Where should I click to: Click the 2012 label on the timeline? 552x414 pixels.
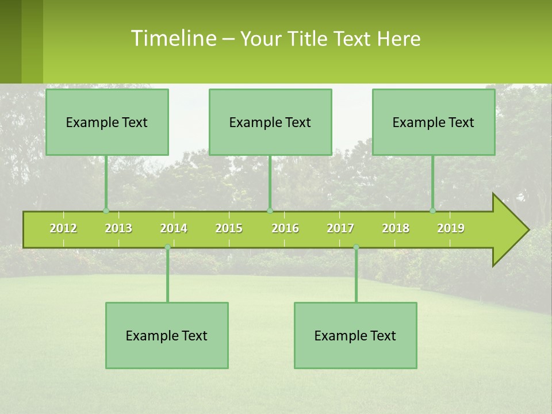click(x=63, y=228)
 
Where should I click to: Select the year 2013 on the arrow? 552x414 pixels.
click(x=118, y=228)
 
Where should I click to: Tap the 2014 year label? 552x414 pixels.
click(x=174, y=228)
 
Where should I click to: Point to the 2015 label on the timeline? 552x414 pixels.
click(x=229, y=228)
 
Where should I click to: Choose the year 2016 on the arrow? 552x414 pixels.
click(x=285, y=228)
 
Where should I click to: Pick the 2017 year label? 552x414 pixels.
click(x=340, y=228)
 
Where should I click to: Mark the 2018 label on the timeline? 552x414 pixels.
click(x=396, y=228)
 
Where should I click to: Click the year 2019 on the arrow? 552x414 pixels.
click(x=451, y=228)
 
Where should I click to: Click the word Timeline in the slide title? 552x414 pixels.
click(x=172, y=39)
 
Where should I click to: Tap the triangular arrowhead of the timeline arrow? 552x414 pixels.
click(x=509, y=230)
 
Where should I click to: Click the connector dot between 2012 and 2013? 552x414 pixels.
click(x=106, y=210)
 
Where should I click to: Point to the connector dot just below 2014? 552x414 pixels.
click(x=167, y=247)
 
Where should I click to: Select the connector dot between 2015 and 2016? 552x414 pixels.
click(x=270, y=210)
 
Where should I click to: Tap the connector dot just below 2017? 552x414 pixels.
click(x=356, y=247)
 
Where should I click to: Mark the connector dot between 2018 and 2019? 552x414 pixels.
click(x=432, y=210)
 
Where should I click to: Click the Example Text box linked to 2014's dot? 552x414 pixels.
click(x=167, y=335)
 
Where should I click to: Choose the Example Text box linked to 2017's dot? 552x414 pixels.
click(x=355, y=335)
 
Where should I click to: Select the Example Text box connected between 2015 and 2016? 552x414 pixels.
click(x=270, y=122)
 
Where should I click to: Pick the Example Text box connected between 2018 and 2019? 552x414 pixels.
click(x=434, y=122)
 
